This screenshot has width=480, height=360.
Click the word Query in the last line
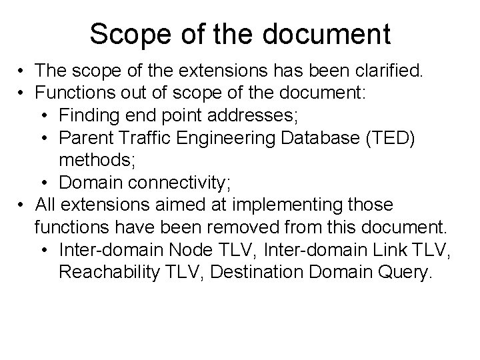[x=407, y=271]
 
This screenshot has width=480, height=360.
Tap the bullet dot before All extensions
[x=22, y=205]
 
